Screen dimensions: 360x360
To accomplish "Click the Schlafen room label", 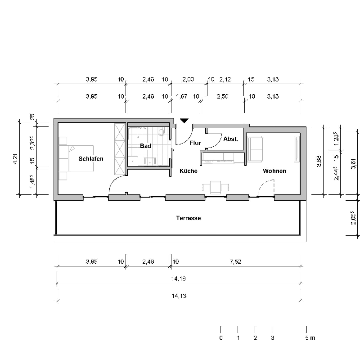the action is click(91, 159).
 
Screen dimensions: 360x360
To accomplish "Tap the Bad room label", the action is click(145, 146).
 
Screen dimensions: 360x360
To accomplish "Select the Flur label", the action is click(195, 143).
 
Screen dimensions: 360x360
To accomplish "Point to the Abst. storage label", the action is click(230, 139).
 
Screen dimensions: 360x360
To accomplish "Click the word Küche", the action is click(189, 171).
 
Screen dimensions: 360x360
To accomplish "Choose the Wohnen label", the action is click(274, 171).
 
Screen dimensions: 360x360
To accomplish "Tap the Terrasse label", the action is click(189, 218).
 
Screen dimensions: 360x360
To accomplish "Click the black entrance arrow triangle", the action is click(184, 121).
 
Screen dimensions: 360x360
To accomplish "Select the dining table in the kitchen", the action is click(216, 188).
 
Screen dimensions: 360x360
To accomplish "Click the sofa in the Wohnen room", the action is click(255, 149).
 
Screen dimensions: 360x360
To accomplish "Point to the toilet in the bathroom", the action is click(162, 132).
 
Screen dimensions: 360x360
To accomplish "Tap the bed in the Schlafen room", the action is click(76, 158).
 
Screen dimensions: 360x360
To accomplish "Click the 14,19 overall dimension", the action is click(178, 279).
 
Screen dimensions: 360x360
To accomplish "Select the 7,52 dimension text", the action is click(235, 261).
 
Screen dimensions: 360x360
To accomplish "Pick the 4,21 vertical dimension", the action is click(16, 159).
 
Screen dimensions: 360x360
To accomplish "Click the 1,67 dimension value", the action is click(182, 96).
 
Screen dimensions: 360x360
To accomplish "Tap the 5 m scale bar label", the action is click(310, 338).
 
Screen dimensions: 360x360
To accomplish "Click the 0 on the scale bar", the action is click(221, 338).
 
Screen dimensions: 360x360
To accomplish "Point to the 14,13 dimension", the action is click(179, 296).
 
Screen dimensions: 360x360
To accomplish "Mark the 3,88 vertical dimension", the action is click(319, 161).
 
